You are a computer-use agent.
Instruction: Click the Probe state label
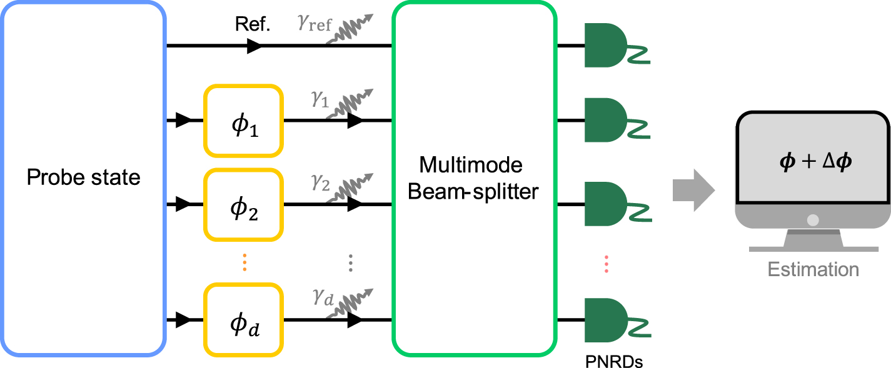coord(83,177)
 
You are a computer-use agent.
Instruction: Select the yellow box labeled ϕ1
coord(243,121)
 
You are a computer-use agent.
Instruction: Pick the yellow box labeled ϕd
coord(243,320)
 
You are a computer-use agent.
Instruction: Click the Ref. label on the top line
coord(253,25)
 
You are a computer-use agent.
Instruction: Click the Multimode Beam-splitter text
coord(473,178)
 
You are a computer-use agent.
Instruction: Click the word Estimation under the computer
coord(813,270)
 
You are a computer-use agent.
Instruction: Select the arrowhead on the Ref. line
coord(254,46)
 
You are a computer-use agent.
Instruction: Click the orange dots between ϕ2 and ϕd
coord(244,263)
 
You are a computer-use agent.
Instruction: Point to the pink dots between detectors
coord(606,263)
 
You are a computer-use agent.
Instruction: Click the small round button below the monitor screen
coord(812,219)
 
